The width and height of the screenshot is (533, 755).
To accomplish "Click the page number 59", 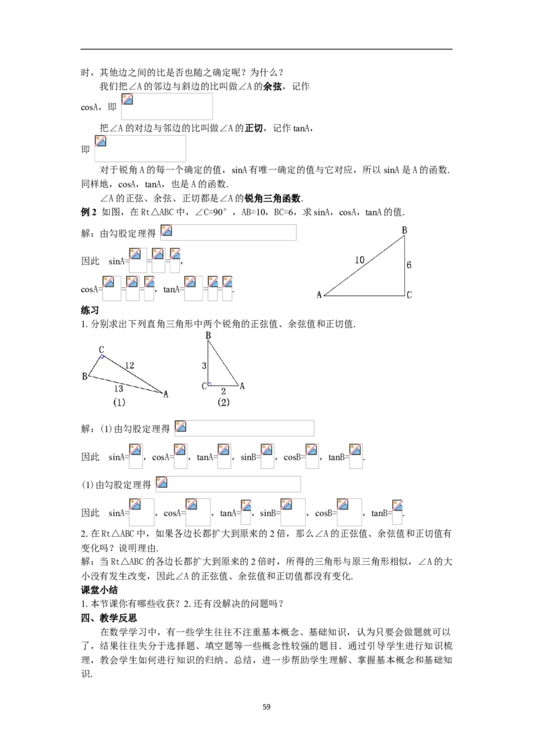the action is click(x=266, y=707).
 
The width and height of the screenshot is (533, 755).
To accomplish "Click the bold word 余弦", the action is click(x=272, y=87).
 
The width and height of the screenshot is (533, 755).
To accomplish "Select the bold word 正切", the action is click(x=254, y=128).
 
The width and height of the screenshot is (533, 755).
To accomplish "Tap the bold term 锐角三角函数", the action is click(x=272, y=198).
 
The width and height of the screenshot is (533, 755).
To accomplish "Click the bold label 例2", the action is click(x=89, y=212).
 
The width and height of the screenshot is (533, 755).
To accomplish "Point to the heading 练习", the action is click(x=90, y=310).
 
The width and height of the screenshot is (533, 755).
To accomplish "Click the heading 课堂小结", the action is click(x=99, y=590).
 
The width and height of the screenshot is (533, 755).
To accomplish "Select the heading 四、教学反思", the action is click(x=109, y=618).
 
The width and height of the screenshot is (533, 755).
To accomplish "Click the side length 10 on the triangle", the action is click(x=360, y=260).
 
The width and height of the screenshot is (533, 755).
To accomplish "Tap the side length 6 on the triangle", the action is click(x=409, y=265).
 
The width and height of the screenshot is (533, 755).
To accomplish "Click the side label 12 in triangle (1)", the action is click(x=129, y=365).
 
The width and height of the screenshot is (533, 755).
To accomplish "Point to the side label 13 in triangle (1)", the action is click(x=119, y=389).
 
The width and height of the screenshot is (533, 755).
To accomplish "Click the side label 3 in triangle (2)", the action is click(x=204, y=365).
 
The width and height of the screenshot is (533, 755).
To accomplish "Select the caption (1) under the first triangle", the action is click(x=119, y=403).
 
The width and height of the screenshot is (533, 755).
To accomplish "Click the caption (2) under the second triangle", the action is click(x=223, y=403).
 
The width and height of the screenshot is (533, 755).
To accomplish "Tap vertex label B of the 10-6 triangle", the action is click(x=404, y=230).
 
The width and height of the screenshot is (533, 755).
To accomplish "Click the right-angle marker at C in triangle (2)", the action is click(x=209, y=384).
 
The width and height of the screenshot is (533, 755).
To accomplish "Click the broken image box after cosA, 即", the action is click(x=167, y=107).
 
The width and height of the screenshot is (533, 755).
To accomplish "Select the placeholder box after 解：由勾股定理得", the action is click(x=229, y=233).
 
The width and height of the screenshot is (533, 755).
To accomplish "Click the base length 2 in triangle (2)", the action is click(x=223, y=392).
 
